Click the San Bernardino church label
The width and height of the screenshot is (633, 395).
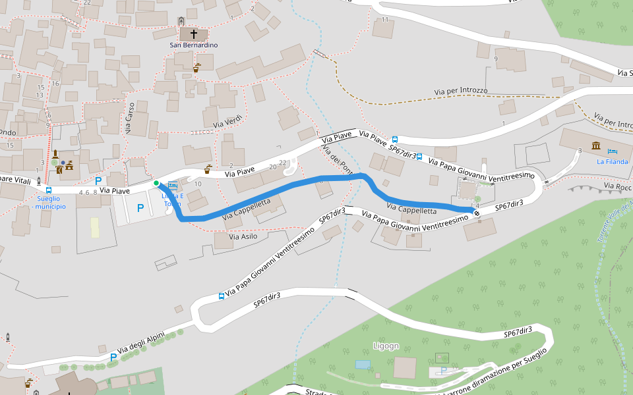[193, 45]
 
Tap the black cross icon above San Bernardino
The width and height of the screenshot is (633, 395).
[194, 33]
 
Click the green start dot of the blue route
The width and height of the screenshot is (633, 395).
[156, 183]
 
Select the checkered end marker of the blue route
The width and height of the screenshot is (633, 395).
[476, 213]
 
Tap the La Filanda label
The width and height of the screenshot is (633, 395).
[612, 161]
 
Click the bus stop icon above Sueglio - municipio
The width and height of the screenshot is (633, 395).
[49, 190]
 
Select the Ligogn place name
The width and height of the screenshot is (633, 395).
[386, 346]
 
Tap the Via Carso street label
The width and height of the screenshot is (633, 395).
[130, 118]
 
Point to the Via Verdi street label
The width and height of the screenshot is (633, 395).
[228, 120]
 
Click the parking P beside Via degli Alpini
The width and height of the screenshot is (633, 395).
[113, 357]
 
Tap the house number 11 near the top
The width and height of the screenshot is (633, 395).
[385, 19]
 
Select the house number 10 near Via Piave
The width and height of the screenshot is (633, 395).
[197, 183]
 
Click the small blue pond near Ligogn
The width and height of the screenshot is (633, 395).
[362, 364]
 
